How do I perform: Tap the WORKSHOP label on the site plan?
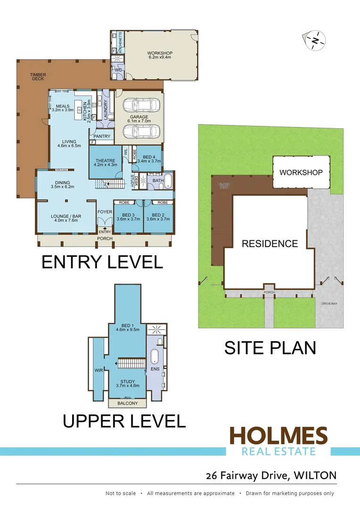301,172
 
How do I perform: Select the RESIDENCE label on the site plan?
270,244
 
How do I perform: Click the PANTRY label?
102,137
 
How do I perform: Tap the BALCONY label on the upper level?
128,403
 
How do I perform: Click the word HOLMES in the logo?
278,436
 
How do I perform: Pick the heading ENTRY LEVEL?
102,262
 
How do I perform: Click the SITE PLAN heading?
270,348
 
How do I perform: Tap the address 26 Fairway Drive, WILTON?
271,476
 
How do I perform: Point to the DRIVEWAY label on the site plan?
329,304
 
